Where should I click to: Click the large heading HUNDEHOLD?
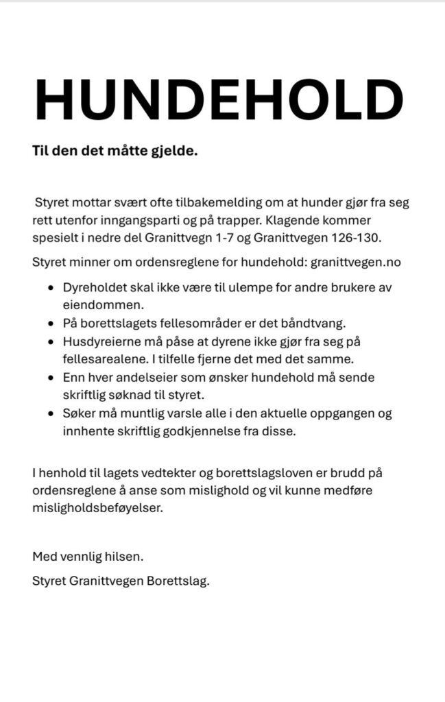[220, 101]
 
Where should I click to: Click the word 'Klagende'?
[306, 221]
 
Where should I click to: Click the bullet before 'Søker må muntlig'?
[51, 415]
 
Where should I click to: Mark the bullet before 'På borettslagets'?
[51, 322]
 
